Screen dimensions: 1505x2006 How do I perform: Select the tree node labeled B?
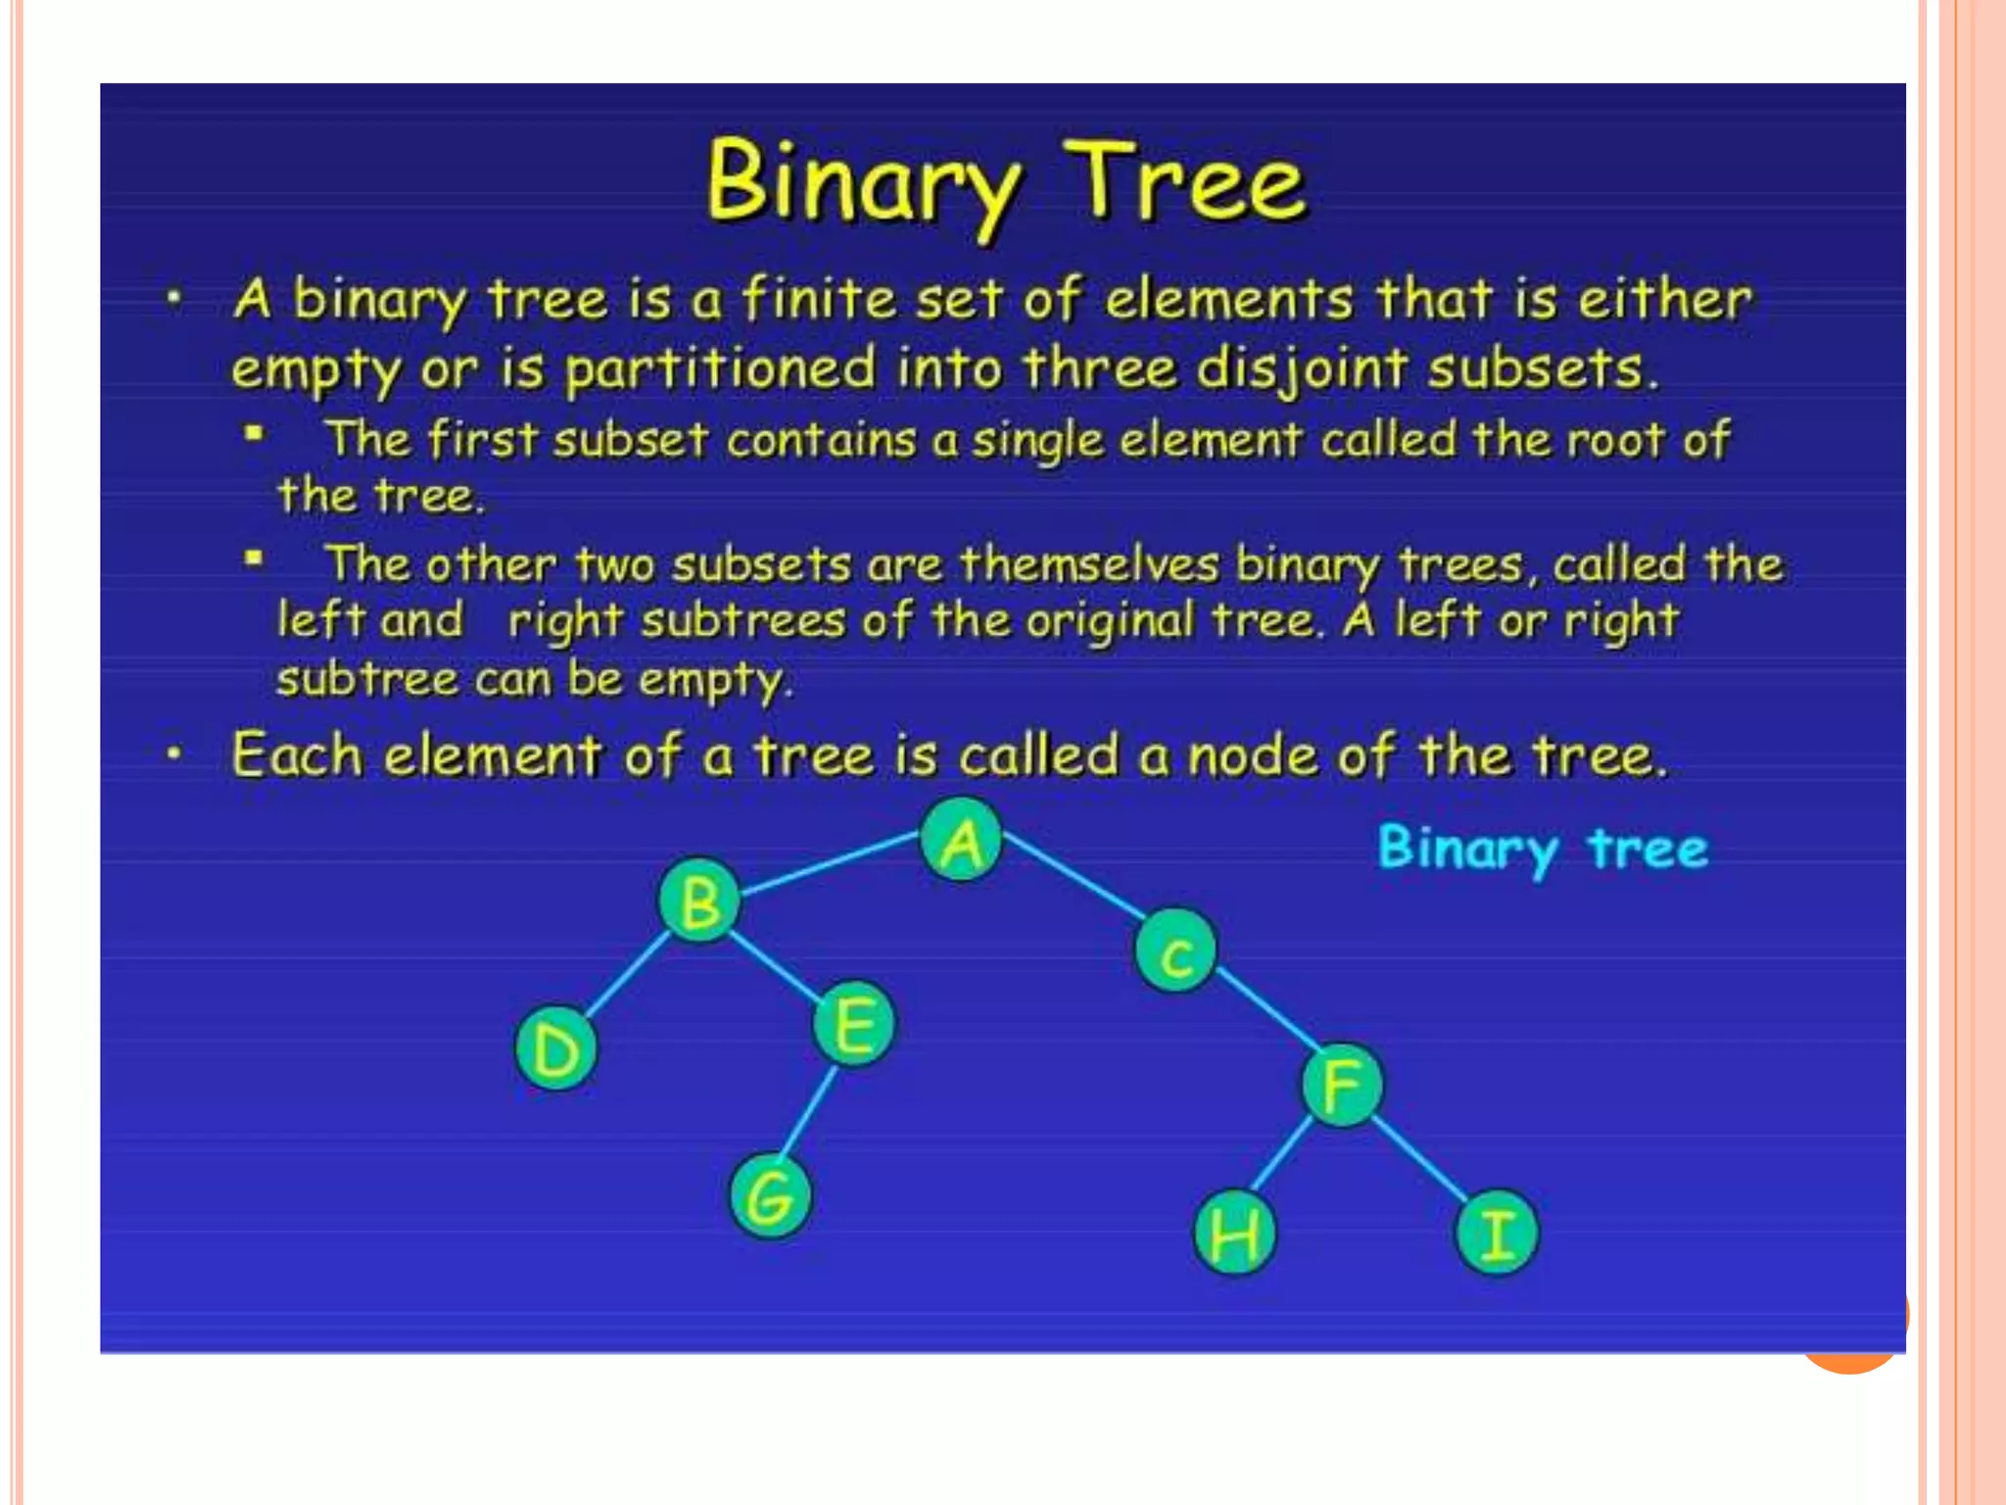click(x=699, y=900)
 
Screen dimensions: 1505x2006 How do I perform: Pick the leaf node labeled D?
click(x=556, y=1049)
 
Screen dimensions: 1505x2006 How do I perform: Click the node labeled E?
click(x=854, y=1024)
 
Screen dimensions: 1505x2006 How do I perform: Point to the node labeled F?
click(x=1343, y=1085)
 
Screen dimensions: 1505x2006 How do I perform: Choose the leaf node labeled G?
click(x=771, y=1196)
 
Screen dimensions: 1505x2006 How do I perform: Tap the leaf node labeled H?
click(x=1235, y=1233)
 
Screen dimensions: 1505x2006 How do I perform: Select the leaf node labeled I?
click(x=1497, y=1233)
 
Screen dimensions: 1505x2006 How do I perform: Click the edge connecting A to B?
click(x=830, y=863)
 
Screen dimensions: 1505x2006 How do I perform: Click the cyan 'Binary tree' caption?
click(x=1543, y=849)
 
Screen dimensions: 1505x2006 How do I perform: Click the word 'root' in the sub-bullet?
click(x=1615, y=440)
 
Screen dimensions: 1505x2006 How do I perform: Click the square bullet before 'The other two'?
click(x=254, y=559)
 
